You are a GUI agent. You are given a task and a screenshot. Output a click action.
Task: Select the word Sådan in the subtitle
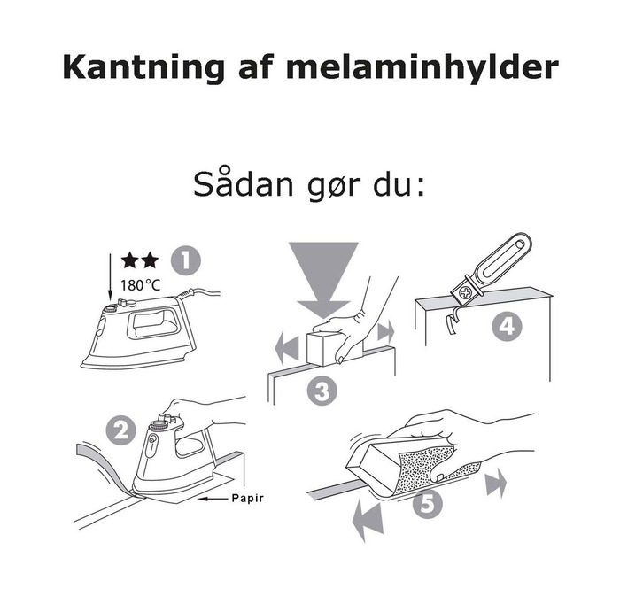coord(237,186)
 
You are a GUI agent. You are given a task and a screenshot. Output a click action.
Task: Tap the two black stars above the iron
coord(141,260)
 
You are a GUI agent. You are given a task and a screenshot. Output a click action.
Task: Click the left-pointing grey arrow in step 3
coord(286,348)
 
